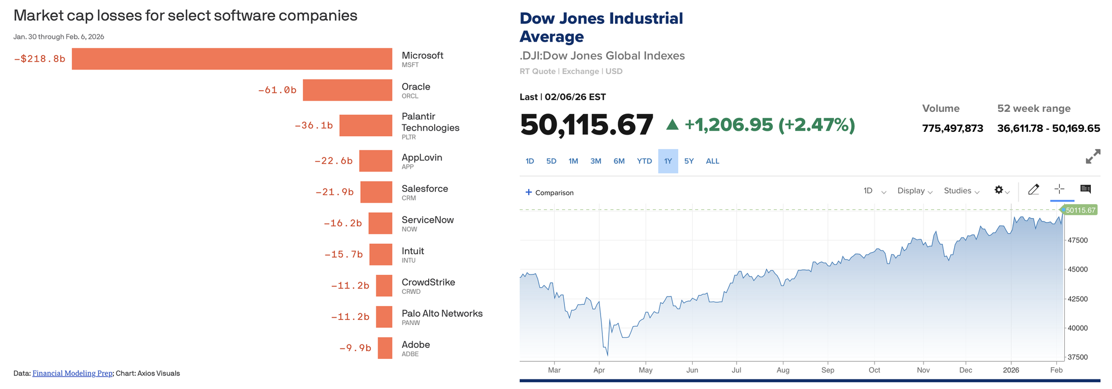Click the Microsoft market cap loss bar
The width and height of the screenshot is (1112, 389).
point(232,59)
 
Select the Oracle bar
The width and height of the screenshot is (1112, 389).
point(348,90)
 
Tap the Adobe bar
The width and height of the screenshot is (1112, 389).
point(385,348)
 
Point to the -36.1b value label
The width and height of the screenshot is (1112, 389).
point(314,126)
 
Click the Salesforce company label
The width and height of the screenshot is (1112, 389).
point(425,189)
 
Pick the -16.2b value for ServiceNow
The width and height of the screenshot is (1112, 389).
point(342,223)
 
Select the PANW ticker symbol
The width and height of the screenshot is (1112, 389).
point(411,323)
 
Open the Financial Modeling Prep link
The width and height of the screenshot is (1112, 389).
point(72,373)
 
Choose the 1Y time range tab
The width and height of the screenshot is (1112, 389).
point(668,161)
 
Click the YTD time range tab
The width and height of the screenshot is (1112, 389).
point(644,161)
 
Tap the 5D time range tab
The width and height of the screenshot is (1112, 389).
point(551,161)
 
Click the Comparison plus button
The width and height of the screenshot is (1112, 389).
point(529,193)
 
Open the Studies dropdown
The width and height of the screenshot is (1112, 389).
point(961,191)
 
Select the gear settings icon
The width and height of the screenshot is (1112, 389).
point(999,190)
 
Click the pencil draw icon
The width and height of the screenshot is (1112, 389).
point(1034,190)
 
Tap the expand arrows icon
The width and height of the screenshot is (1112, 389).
point(1093,157)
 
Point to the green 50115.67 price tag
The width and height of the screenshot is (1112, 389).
point(1079,210)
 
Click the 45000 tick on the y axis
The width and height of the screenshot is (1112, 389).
point(1078,269)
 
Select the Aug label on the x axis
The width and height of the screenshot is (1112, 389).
point(783,370)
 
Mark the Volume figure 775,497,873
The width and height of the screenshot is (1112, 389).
point(952,129)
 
